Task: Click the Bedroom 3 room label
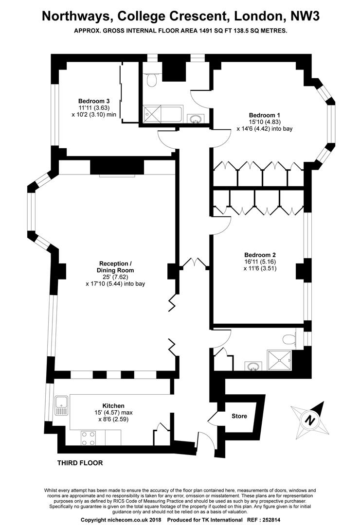[94, 101]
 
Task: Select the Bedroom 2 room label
[260, 255]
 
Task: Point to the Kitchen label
[113, 406]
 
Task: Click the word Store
[239, 416]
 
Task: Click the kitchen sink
[61, 406]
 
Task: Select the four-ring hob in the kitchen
[88, 437]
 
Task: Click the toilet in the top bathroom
[151, 79]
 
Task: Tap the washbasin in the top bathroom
[196, 118]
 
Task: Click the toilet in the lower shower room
[289, 339]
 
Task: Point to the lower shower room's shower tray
[279, 360]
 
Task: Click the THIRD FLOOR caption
[80, 463]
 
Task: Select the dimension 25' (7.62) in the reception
[115, 277]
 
